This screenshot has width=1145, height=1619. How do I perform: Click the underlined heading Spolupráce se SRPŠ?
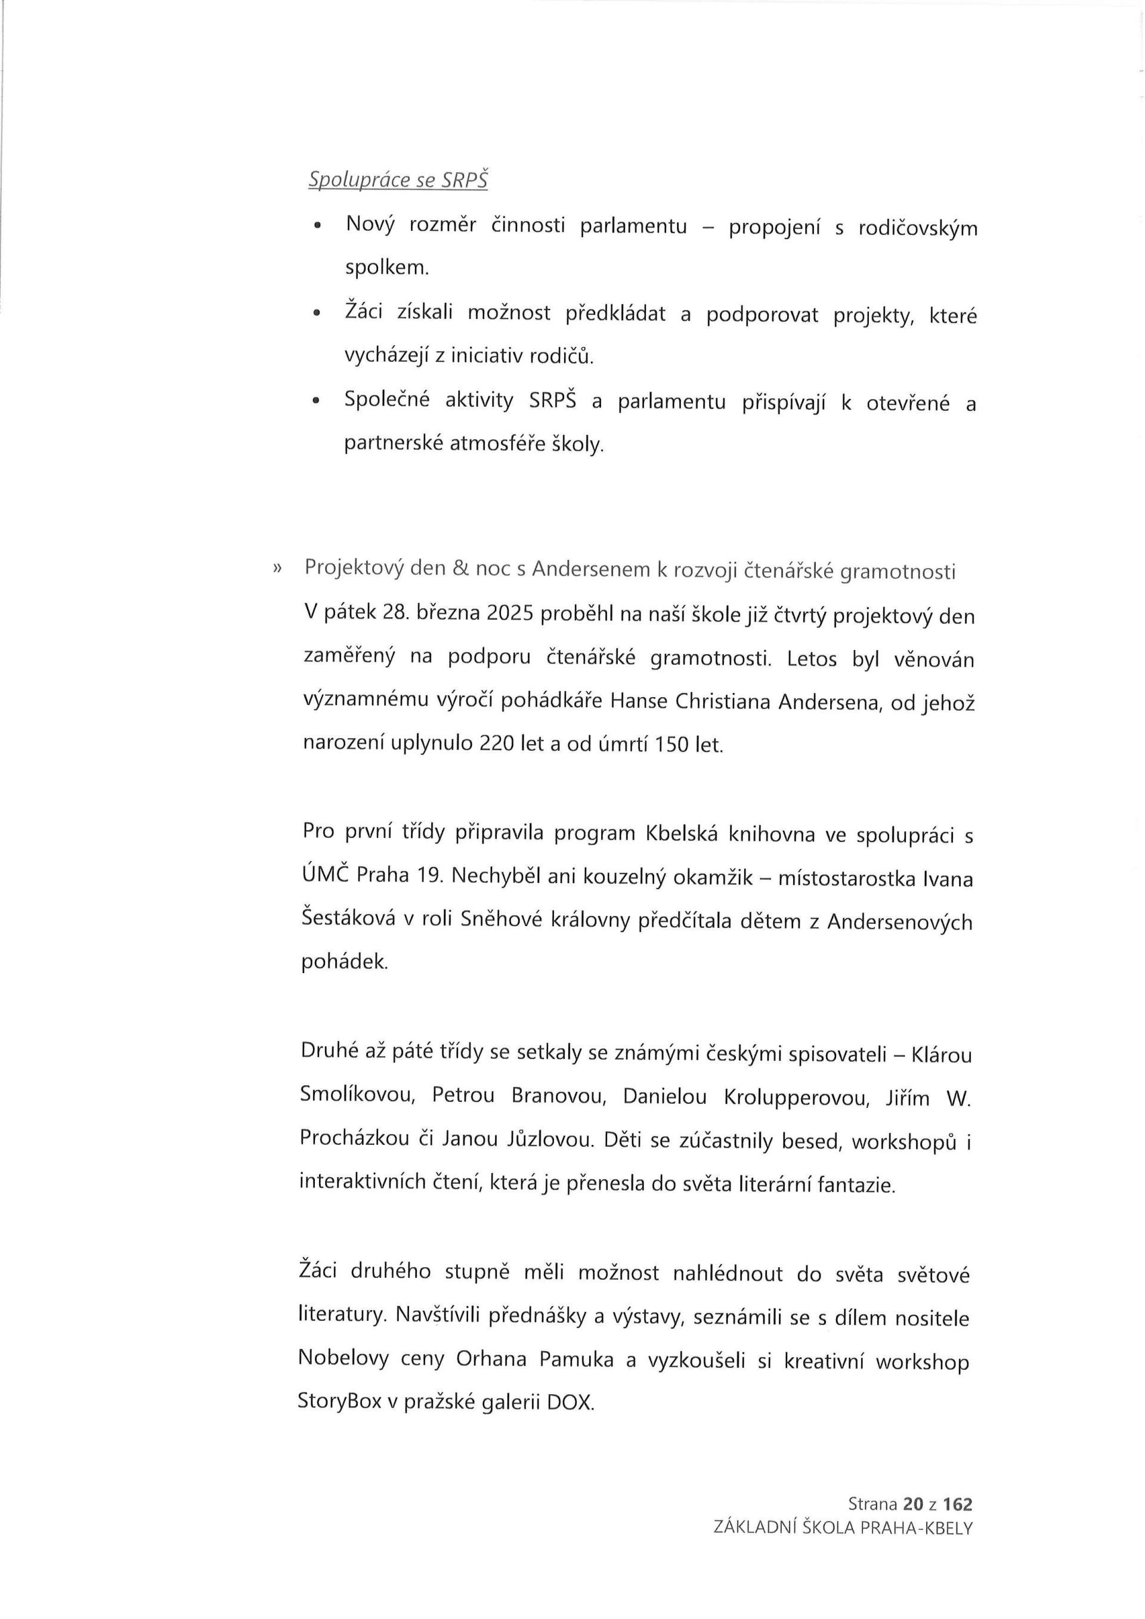pyautogui.click(x=398, y=181)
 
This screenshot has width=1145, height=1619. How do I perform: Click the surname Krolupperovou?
pyautogui.click(x=796, y=1097)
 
